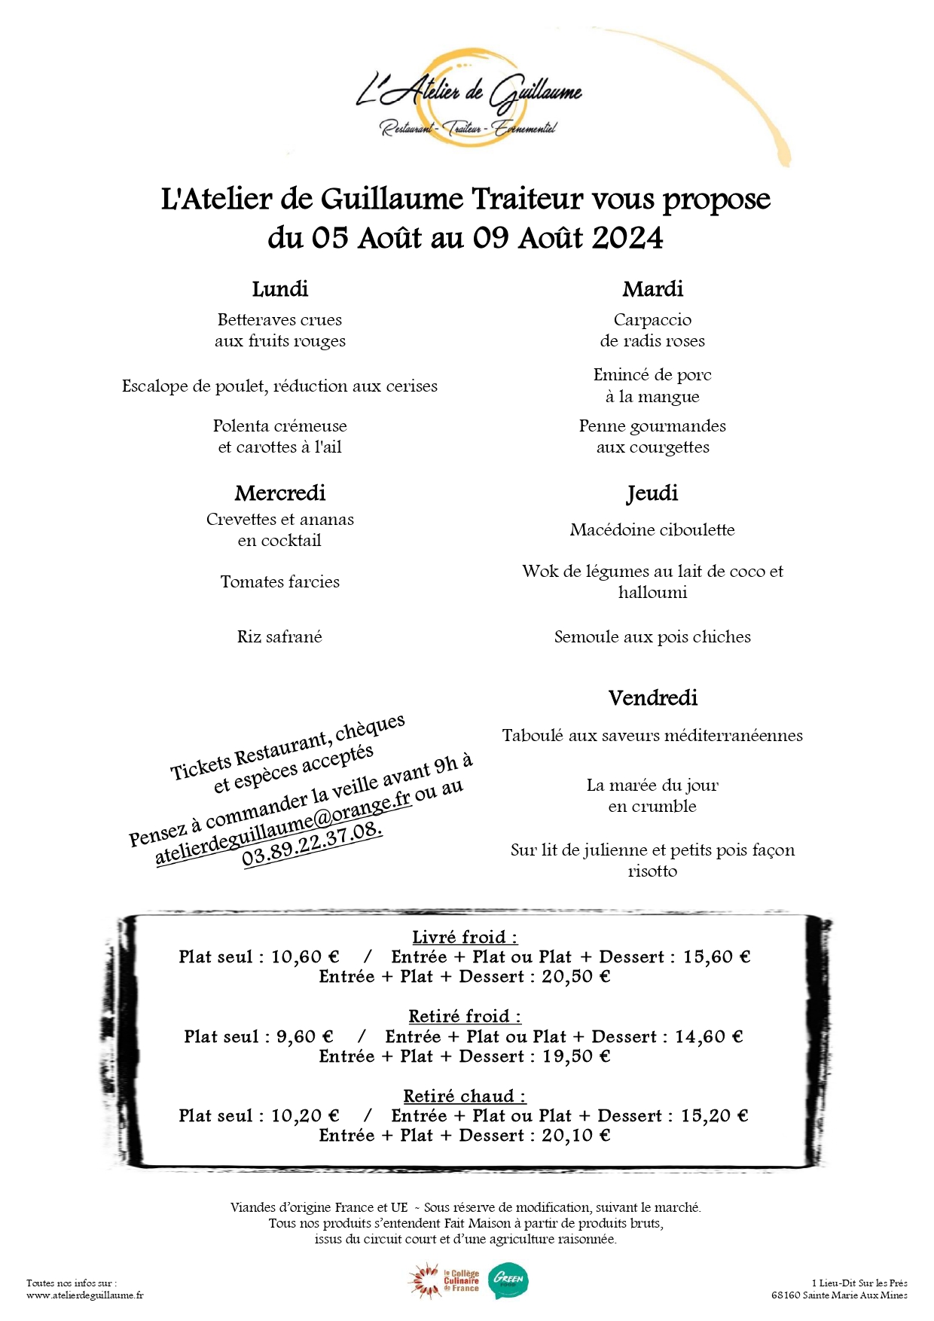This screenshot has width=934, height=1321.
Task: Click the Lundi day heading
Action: (x=279, y=289)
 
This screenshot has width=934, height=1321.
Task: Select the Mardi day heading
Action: (x=652, y=289)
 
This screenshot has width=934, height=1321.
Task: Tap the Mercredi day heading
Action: (x=279, y=493)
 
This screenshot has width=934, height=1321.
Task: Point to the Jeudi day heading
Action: (x=652, y=493)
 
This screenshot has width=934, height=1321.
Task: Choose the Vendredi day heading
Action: (x=652, y=698)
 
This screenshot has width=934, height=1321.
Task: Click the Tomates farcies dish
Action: (x=279, y=581)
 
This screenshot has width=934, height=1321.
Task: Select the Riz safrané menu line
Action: (x=279, y=636)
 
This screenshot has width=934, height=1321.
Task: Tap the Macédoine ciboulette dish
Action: (x=652, y=529)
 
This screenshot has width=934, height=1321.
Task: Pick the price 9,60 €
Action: (x=304, y=1037)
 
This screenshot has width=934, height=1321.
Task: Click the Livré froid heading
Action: (x=465, y=938)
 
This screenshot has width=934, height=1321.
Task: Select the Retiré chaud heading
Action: (x=465, y=1097)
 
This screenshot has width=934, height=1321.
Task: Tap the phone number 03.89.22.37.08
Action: (x=312, y=845)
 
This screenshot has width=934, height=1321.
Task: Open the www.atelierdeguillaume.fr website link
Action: (x=84, y=1295)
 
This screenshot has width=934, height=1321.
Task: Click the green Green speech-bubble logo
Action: (x=508, y=1280)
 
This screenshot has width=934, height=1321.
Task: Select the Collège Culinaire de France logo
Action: (x=444, y=1281)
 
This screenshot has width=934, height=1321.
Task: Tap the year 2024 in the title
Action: (x=627, y=238)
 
